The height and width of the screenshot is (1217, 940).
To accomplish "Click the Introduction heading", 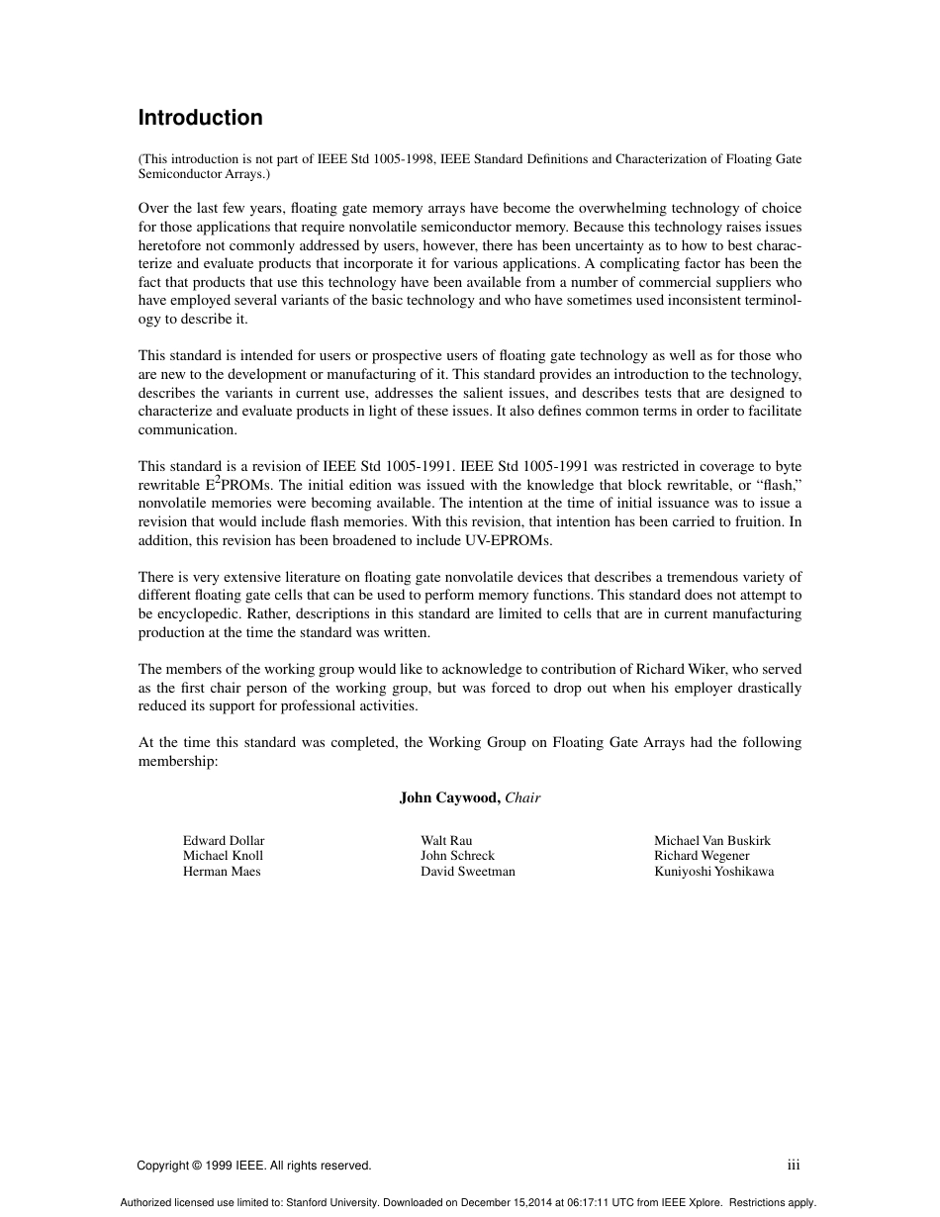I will click(200, 118).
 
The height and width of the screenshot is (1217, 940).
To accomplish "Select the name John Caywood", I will click(449, 797).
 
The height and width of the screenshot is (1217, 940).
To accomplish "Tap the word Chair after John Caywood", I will click(523, 797).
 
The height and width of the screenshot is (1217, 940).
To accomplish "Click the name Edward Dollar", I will click(224, 841).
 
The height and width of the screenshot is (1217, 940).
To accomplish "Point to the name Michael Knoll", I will click(223, 856).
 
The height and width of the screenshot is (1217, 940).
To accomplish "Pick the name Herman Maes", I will click(222, 872).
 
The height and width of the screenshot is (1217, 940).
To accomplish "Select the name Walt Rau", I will click(446, 841).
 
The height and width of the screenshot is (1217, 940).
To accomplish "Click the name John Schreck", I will click(457, 856).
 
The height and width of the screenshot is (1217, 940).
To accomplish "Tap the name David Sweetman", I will click(467, 872).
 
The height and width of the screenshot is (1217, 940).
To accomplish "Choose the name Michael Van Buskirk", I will click(711, 841).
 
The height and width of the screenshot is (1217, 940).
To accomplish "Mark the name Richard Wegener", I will click(702, 856).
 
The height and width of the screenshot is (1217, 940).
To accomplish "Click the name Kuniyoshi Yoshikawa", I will click(713, 872).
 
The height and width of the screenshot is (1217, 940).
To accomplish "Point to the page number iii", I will click(794, 1166).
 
